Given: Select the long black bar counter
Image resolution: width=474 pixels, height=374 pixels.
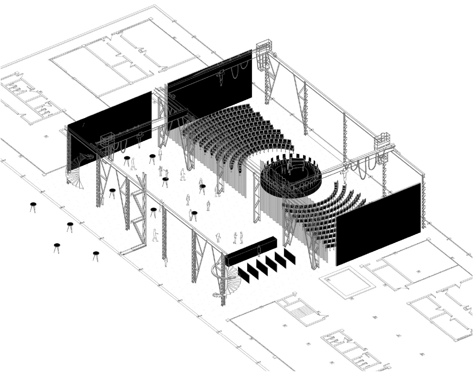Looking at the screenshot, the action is tap(251, 251).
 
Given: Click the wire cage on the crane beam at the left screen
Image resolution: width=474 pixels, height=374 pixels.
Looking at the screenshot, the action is tap(107, 140).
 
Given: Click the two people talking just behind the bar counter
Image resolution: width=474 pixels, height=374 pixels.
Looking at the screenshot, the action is tap(238, 237).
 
